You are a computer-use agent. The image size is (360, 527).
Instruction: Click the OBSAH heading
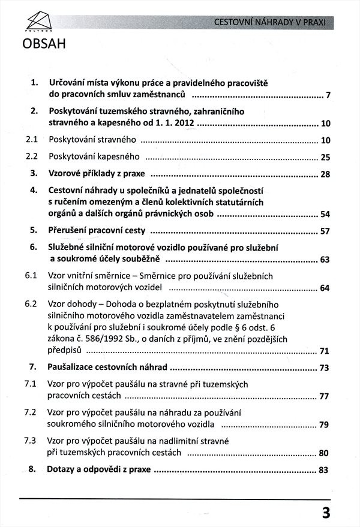44,45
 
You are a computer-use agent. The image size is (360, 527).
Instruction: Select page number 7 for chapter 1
328,96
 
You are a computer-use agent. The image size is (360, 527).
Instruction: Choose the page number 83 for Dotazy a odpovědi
325,471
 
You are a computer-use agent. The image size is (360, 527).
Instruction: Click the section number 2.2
32,157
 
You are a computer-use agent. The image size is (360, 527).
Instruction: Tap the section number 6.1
32,276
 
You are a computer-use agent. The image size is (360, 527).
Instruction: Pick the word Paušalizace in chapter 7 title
73,367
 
